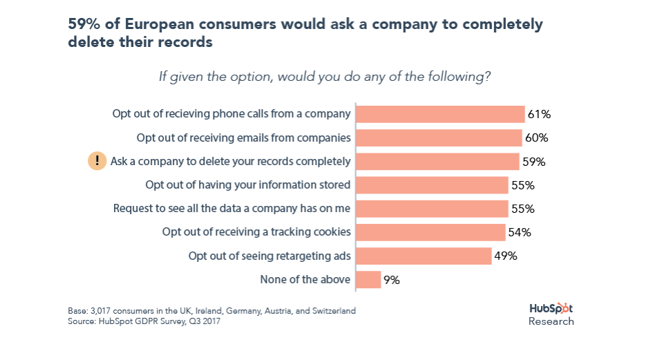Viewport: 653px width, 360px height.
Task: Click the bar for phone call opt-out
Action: click(440, 114)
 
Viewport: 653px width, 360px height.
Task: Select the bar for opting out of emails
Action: click(439, 138)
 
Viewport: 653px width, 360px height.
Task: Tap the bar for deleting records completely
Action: click(437, 162)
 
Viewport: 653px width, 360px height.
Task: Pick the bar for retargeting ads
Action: click(424, 256)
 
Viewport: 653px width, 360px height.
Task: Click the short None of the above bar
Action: click(368, 280)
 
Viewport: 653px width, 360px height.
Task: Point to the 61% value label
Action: click(539, 114)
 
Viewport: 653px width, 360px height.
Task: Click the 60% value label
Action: click(536, 138)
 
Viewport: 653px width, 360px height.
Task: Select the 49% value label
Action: click(506, 256)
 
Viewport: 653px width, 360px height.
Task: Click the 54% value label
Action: click(520, 232)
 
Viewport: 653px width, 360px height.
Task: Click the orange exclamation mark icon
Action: click(97, 161)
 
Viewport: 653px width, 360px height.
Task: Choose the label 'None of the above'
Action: click(305, 280)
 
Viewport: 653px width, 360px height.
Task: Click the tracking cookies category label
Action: click(256, 232)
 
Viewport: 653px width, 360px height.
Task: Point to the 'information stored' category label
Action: click(248, 185)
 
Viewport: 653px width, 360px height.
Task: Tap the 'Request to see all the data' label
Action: click(232, 209)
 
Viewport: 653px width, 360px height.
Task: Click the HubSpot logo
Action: click(551, 308)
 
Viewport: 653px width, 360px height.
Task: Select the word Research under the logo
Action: click(551, 321)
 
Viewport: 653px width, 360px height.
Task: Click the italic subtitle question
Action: click(325, 76)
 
